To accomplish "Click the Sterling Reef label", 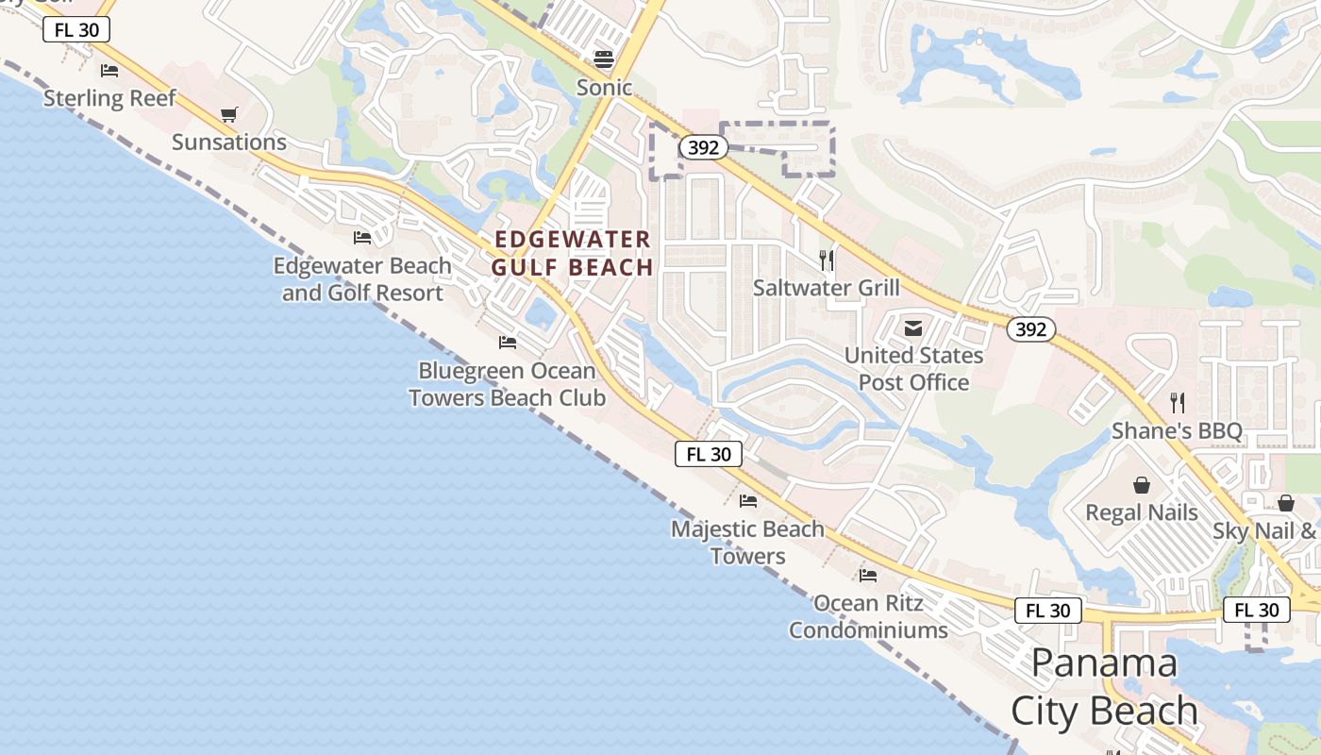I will pos(109,98).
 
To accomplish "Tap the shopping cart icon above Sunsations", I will pos(228,115).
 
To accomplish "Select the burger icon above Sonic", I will pos(604,59).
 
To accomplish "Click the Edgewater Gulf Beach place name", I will pos(572,253).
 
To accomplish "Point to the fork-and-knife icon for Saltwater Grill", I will pos(827,260).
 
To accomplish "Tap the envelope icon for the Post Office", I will pos(913,328).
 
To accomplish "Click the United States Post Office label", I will pos(913,369).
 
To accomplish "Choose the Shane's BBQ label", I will pos(1177,431).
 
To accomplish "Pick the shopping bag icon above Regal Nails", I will pos(1142,485).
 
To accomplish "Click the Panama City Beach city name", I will pos(1104,687).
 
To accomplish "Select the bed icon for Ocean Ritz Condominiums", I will pos(868,575).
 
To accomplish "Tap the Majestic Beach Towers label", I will pos(747,543).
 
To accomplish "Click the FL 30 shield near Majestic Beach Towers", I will pos(709,454).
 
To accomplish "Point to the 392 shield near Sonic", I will pos(703,147).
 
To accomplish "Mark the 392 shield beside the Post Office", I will pos(1030,328).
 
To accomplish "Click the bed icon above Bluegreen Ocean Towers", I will pos(508,342).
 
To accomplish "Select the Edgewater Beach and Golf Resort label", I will pos(362,279).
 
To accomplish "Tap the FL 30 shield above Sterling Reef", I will pos(76,30).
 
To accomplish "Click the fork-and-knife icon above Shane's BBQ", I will pos(1177,403).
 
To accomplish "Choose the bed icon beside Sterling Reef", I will pos(109,70).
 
